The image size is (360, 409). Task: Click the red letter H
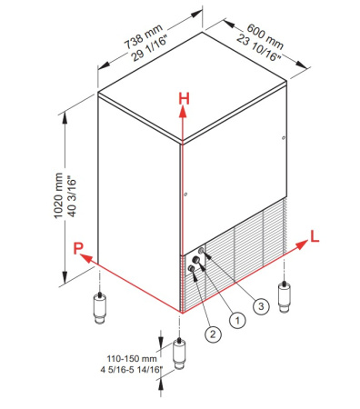[184, 99]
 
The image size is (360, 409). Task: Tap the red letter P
[78, 248]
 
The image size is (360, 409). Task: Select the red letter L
[315, 236]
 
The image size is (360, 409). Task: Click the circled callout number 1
[237, 320]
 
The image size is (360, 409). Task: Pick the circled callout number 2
[213, 334]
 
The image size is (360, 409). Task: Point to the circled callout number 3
[261, 306]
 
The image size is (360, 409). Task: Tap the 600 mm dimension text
[265, 36]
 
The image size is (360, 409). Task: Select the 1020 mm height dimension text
[58, 195]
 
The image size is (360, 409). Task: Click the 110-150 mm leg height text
[132, 359]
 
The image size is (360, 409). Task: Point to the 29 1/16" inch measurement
[150, 49]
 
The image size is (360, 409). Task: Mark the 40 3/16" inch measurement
[72, 196]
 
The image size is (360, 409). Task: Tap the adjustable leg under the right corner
[284, 297]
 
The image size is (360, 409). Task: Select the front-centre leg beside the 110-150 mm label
[179, 354]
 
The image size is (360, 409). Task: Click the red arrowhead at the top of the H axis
[183, 112]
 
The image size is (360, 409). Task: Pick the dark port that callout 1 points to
[196, 260]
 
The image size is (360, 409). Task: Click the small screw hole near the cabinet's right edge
[283, 138]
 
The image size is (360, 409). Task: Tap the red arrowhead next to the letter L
[301, 244]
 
